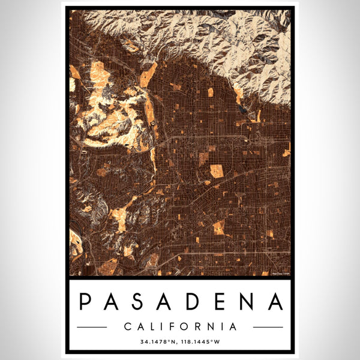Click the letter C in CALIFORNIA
(127, 327)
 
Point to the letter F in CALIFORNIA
(172, 327)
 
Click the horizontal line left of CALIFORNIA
(92, 327)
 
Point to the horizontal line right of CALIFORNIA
(268, 327)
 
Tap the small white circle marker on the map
(152, 122)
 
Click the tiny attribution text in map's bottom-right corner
(280, 274)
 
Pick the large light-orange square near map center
(216, 171)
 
